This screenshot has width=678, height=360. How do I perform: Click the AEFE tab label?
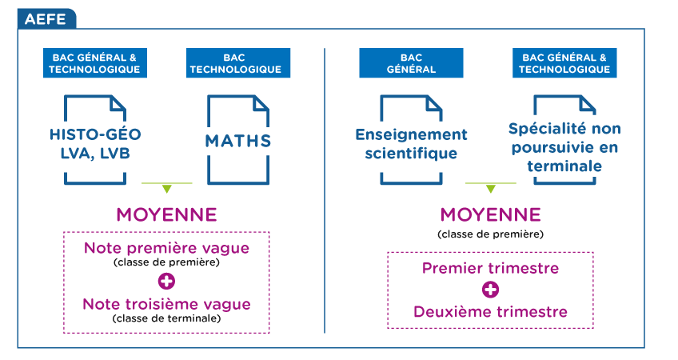tap(46, 19)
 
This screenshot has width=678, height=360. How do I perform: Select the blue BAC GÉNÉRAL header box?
tap(411, 63)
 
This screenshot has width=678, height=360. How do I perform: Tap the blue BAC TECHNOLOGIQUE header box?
tap(237, 63)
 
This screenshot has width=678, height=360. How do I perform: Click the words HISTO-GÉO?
tap(95, 134)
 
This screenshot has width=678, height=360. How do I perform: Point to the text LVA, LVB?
tap(95, 154)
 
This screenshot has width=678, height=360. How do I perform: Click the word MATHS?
tap(237, 141)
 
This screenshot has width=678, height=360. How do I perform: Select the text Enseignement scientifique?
tap(411, 144)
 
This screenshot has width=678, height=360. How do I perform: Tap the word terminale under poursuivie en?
tap(564, 166)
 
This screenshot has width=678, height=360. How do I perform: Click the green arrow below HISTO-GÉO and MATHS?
tap(167, 187)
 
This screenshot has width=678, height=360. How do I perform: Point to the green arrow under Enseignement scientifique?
tap(491, 187)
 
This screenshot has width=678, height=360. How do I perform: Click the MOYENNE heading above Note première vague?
tap(166, 214)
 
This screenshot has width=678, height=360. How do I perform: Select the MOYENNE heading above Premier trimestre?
tap(491, 214)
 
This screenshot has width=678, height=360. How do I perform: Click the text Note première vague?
tap(166, 248)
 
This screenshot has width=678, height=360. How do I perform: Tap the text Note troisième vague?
tap(166, 304)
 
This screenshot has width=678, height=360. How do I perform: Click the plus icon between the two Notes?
tap(166, 282)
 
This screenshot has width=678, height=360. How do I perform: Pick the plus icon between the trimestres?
tap(490, 290)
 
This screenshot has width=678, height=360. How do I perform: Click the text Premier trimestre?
tap(490, 268)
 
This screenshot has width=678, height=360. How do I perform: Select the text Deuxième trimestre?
tap(490, 311)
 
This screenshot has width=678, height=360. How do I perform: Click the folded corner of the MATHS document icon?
tap(261, 103)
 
